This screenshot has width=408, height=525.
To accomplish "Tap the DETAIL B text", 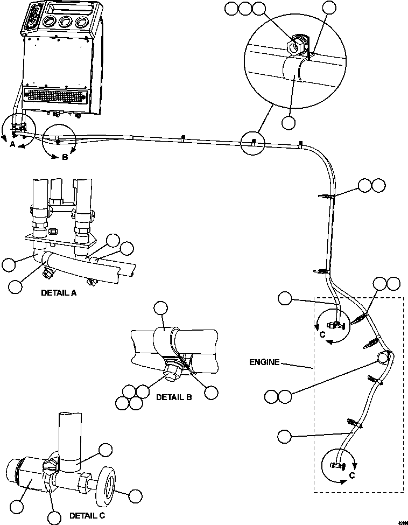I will click(173, 397).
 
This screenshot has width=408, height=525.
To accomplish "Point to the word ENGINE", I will click(264, 362).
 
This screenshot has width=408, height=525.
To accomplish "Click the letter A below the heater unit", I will click(12, 144).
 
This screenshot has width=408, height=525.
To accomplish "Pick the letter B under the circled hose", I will click(65, 158).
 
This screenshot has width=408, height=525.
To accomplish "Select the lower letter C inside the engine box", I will click(351, 475).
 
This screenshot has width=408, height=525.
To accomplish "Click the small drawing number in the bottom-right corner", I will click(401, 521).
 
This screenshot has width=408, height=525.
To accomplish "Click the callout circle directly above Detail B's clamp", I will click(160, 309).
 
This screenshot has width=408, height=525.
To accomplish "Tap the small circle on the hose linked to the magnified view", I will click(254, 142).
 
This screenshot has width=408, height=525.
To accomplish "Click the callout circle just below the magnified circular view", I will click(289, 122).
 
